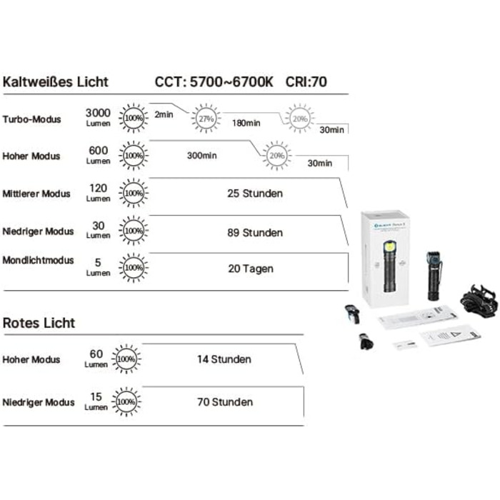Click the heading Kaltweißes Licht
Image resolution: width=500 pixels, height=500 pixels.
(x=56, y=81)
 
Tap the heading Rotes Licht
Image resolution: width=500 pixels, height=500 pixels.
(x=39, y=323)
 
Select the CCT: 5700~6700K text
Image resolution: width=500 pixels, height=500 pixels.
(x=214, y=81)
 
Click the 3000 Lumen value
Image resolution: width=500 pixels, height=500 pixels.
(x=98, y=117)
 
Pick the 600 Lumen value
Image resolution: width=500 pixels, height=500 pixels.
(x=98, y=154)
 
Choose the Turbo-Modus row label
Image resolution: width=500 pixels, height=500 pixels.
(x=31, y=119)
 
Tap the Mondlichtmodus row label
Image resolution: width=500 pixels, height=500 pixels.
(x=39, y=260)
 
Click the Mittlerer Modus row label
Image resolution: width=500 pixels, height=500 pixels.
(x=36, y=194)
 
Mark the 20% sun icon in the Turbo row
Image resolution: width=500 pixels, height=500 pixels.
(x=299, y=119)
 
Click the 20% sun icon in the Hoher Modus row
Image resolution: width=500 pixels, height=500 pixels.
(x=276, y=155)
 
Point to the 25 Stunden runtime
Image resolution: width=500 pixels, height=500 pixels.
(x=254, y=194)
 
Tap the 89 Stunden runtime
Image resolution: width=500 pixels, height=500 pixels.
(x=254, y=232)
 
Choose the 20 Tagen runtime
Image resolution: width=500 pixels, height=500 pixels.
(x=251, y=269)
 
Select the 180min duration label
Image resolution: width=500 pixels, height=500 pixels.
(x=246, y=123)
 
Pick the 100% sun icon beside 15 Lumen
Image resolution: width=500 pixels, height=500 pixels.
(x=126, y=402)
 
